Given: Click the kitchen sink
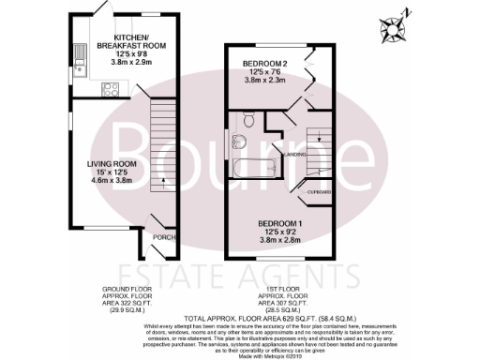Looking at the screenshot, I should tap(81, 58).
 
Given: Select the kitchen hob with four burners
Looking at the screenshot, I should tap(108, 90).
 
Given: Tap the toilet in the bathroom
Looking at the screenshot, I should tap(248, 119).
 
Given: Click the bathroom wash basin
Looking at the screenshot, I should tap(237, 142).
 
